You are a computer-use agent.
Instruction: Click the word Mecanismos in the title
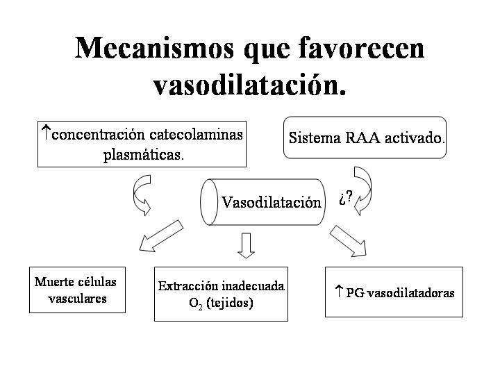tap(154, 48)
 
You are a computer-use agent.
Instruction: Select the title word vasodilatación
tap(249, 84)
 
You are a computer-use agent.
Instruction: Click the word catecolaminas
tap(196, 134)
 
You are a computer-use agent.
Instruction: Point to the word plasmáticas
tap(144, 155)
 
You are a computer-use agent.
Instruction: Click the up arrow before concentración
tap(47, 133)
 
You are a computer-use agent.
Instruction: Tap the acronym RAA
tap(363, 138)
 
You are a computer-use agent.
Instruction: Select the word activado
tap(415, 138)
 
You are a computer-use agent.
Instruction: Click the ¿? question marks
tap(346, 198)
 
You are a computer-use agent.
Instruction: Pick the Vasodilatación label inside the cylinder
tap(272, 202)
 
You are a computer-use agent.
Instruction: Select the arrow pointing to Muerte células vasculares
tap(161, 236)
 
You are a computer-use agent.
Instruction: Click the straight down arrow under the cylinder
tap(246, 245)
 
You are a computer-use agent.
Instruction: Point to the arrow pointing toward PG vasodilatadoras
tap(348, 241)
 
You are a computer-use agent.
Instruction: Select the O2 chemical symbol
tap(196, 303)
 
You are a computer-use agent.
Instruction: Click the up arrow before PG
tap(339, 291)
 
